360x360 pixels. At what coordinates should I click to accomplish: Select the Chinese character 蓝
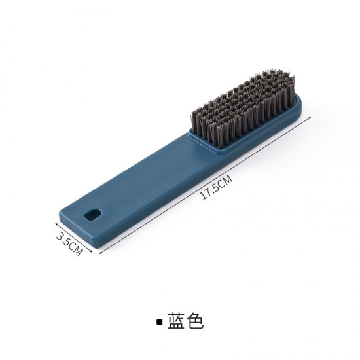176,321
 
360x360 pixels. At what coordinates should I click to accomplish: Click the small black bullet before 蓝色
158,321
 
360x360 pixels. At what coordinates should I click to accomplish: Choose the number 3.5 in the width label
63,236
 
